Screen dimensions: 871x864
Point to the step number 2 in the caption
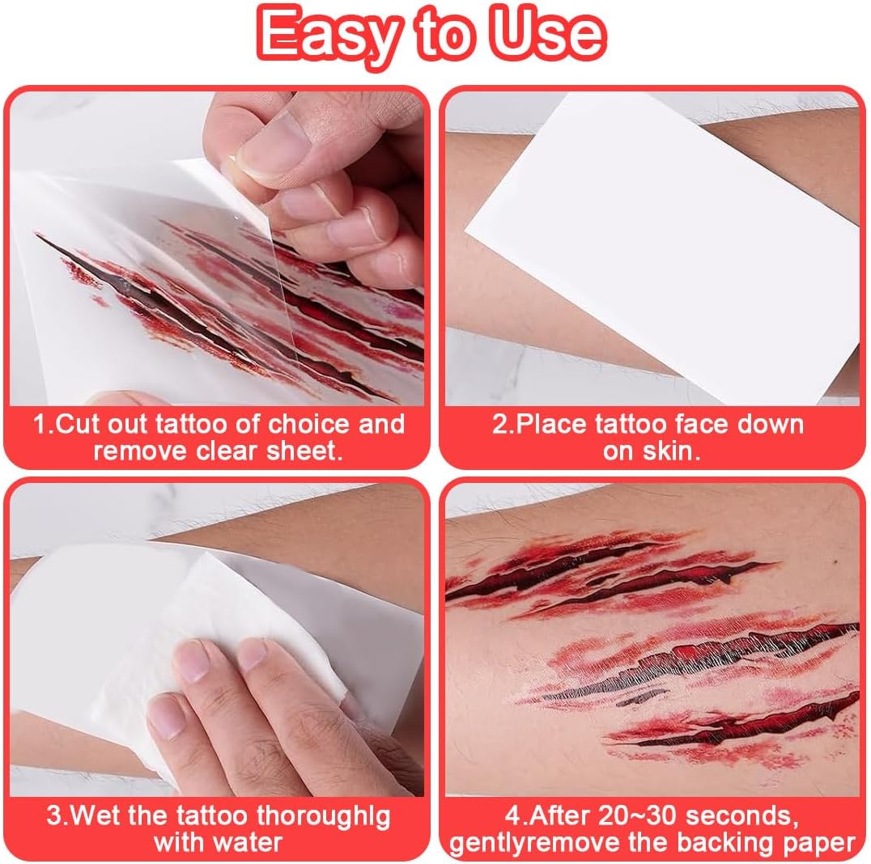pyautogui.click(x=499, y=425)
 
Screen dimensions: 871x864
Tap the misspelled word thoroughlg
pyautogui.click(x=323, y=817)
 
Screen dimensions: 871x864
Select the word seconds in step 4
pyautogui.click(x=741, y=816)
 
